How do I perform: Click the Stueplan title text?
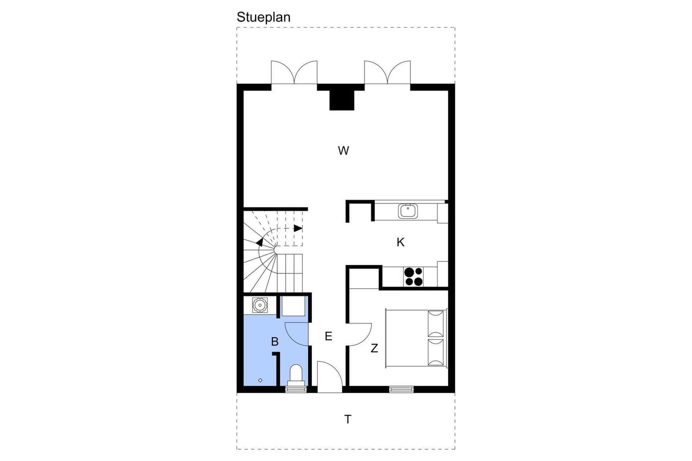click(263, 17)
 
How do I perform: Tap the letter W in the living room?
click(343, 151)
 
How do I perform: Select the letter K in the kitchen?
click(400, 242)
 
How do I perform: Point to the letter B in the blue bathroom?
click(275, 342)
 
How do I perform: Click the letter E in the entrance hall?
click(328, 336)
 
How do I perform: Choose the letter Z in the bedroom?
click(374, 348)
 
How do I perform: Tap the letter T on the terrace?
click(348, 420)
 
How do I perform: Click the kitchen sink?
click(408, 211)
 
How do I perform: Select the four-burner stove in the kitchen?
click(413, 277)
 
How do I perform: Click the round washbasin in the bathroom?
click(260, 305)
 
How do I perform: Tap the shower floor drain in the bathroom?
click(260, 380)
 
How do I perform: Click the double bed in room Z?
click(416, 338)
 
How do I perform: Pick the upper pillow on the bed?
click(436, 323)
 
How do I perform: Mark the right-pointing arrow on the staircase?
click(298, 229)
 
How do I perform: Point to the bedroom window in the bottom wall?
click(401, 389)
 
